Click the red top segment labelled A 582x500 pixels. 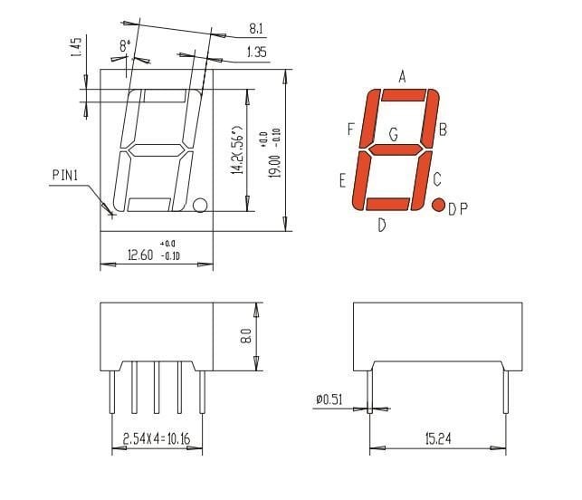coord(404,95)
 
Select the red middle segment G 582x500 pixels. coord(396,149)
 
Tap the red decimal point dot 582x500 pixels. coord(439,205)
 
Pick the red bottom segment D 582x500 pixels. coord(387,204)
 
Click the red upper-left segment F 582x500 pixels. coord(369,118)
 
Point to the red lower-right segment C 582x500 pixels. coord(422,180)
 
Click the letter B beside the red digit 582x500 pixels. coord(443,130)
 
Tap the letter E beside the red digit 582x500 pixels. coord(342,180)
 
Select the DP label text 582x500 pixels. coord(458,209)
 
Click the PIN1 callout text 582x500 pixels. coord(65,175)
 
